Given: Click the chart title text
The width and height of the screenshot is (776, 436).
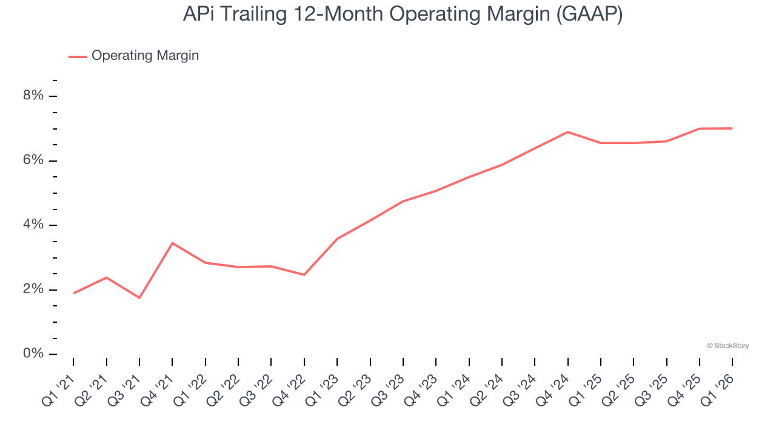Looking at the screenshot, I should [403, 15].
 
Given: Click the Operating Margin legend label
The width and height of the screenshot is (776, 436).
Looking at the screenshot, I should [145, 56].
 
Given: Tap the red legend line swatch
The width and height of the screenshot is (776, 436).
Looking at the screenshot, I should [78, 56].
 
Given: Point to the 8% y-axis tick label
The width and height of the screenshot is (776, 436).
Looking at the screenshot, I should [34, 96].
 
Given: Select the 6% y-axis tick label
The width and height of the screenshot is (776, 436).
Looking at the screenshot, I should [34, 160].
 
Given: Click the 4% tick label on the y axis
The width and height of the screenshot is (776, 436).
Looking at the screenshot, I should [34, 225].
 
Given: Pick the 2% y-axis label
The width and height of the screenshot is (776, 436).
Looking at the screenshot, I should [34, 289].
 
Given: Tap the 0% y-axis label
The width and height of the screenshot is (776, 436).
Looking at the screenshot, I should [34, 354].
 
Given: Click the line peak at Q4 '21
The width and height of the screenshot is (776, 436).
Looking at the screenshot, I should [173, 243].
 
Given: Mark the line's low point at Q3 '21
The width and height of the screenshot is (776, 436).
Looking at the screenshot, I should [139, 298].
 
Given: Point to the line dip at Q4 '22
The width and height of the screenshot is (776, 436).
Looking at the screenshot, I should [304, 275].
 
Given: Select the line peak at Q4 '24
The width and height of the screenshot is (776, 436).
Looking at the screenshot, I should [567, 131].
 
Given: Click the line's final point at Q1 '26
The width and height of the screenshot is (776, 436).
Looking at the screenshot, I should [732, 128].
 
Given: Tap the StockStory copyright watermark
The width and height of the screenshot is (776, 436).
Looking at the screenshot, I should [727, 346].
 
